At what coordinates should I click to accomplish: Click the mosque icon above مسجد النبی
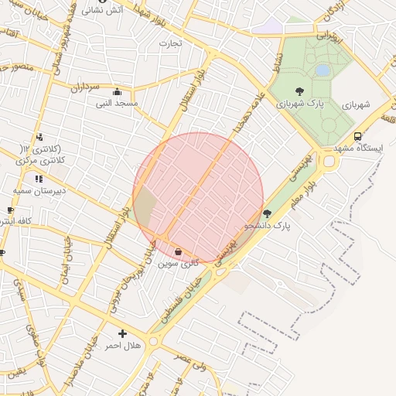coord(117,91)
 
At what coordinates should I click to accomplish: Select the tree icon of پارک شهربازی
coord(299,90)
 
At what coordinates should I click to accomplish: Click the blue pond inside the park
coord(322,70)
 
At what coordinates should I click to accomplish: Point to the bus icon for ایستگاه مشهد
coord(357,136)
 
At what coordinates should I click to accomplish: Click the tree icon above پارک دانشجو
coord(268,213)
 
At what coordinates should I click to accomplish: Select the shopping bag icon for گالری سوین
coord(179,251)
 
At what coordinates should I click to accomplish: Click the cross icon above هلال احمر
coord(122,334)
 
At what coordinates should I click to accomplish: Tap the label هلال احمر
coord(123,346)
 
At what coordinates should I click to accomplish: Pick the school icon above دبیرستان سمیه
coord(39,179)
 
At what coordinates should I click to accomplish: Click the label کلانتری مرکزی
coord(42,160)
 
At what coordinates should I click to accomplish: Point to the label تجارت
coord(169,43)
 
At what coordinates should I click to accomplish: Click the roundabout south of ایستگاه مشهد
coord(331,162)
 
